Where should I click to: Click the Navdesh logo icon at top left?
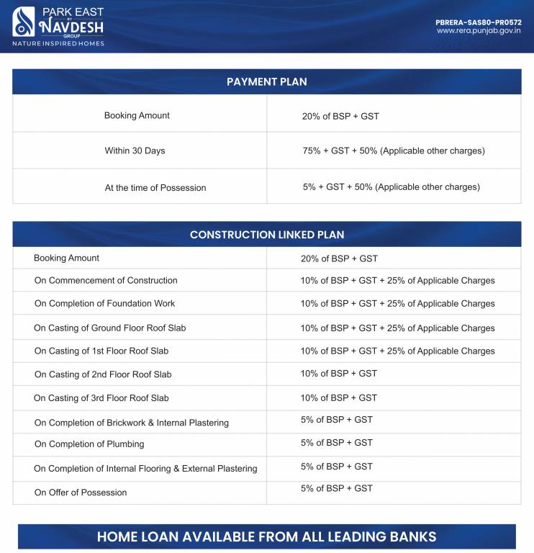coord(24,22)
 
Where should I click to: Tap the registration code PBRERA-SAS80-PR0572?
coord(478,22)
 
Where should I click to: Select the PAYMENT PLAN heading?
coord(266,81)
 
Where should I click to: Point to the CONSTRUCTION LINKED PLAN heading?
coord(266,235)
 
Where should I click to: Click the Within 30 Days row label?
coord(135,151)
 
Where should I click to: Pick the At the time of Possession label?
coord(155,188)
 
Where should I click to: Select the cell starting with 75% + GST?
coord(393,151)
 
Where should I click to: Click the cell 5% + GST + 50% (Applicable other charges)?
coord(391,187)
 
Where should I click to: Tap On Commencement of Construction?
coord(106,281)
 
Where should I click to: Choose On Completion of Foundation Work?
coord(104,304)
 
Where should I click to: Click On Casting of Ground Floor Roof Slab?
coord(110,328)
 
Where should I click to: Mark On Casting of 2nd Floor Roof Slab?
coord(103,374)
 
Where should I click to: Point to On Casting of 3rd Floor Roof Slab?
coord(101,398)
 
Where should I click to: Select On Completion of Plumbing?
coord(89,444)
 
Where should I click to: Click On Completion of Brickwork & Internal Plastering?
coord(132,423)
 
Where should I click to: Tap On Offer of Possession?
coord(81,493)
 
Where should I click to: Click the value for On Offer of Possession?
coord(337,488)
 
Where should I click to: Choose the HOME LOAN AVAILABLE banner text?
coord(266,537)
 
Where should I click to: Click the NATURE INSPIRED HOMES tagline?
coord(58,44)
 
